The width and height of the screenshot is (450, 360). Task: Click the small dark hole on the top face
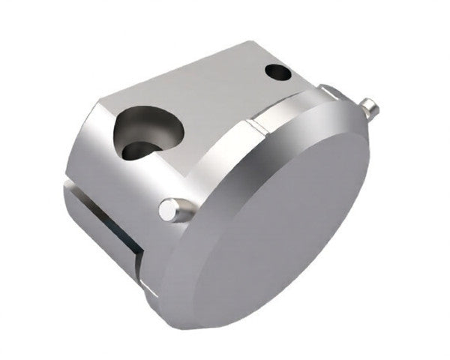point(278,73)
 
